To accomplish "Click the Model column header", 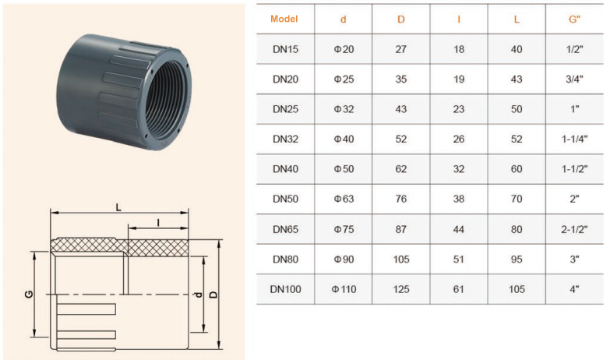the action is [284, 19].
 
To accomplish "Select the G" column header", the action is [574, 19].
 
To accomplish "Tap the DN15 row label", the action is [285, 49].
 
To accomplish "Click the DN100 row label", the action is [285, 289].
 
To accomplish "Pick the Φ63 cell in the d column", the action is [344, 199].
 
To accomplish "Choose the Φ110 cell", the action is [344, 289].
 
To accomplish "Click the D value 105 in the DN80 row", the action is [401, 259].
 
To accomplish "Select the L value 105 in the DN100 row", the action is [517, 289].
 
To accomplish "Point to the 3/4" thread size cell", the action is [574, 79].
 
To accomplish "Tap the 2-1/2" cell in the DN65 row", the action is [574, 229].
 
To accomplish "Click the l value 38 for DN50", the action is [459, 199].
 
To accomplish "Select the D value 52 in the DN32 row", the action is [401, 139].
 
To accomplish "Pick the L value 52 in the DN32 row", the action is [517, 139].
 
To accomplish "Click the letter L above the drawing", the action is [118, 207].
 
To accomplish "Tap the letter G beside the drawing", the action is [29, 295].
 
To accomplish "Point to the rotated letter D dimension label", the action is [213, 295].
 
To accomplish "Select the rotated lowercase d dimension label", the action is [199, 295].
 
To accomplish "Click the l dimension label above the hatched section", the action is [158, 223].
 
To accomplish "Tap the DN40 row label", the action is [285, 169].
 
